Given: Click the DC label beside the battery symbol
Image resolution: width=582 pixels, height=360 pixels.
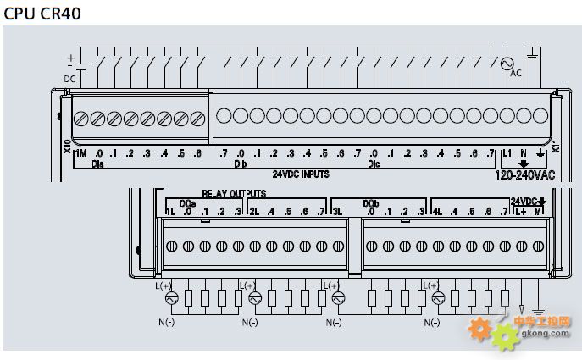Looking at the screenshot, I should point(69,79).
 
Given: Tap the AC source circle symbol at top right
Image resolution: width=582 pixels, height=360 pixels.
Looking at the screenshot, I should point(510,64).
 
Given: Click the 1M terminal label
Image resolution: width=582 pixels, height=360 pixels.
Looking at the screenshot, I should point(81,153).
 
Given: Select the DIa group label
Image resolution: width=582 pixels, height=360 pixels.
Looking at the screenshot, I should point(97,163).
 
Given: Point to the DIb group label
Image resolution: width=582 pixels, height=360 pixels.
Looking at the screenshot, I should point(240,163).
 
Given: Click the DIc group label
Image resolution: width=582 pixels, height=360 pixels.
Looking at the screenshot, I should point(374,163).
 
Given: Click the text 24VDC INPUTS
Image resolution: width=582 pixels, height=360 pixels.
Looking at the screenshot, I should point(301,174).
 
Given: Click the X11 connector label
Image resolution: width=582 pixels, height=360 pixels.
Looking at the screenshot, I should point(556,146).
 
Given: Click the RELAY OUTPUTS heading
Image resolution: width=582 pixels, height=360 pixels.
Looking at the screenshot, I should point(233,194).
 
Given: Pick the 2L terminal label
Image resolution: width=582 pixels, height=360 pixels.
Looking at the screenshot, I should point(253,211).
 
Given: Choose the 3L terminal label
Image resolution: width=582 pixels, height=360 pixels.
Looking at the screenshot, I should point(337,211).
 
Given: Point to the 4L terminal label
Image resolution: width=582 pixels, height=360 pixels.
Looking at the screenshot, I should point(437,211).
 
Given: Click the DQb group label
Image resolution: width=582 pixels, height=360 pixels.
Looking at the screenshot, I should point(370,203).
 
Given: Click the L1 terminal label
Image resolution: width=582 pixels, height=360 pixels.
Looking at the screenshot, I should point(507,153).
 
